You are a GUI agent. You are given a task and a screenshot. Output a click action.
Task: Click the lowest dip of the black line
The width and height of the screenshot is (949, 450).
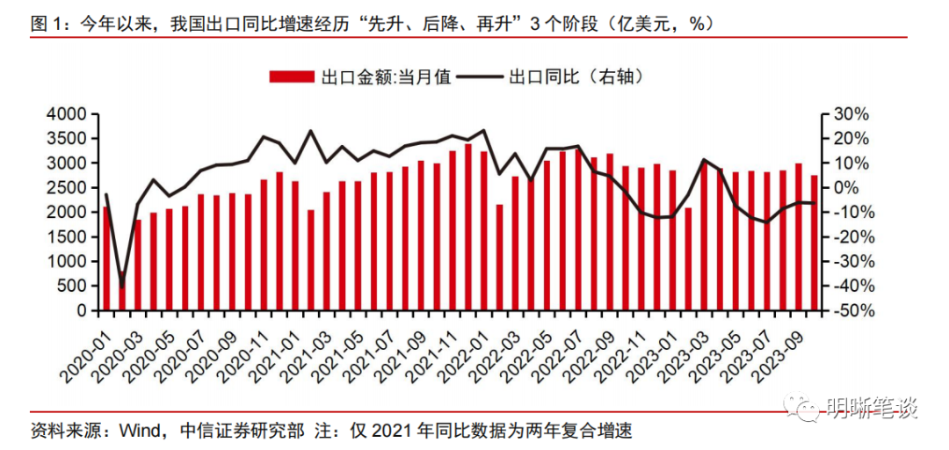pos(123,285)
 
